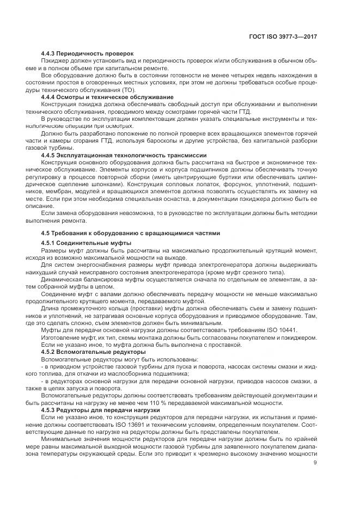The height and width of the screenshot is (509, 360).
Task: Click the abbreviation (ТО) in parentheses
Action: (x=126, y=89)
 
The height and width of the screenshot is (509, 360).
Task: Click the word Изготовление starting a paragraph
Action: (x=62, y=338)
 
